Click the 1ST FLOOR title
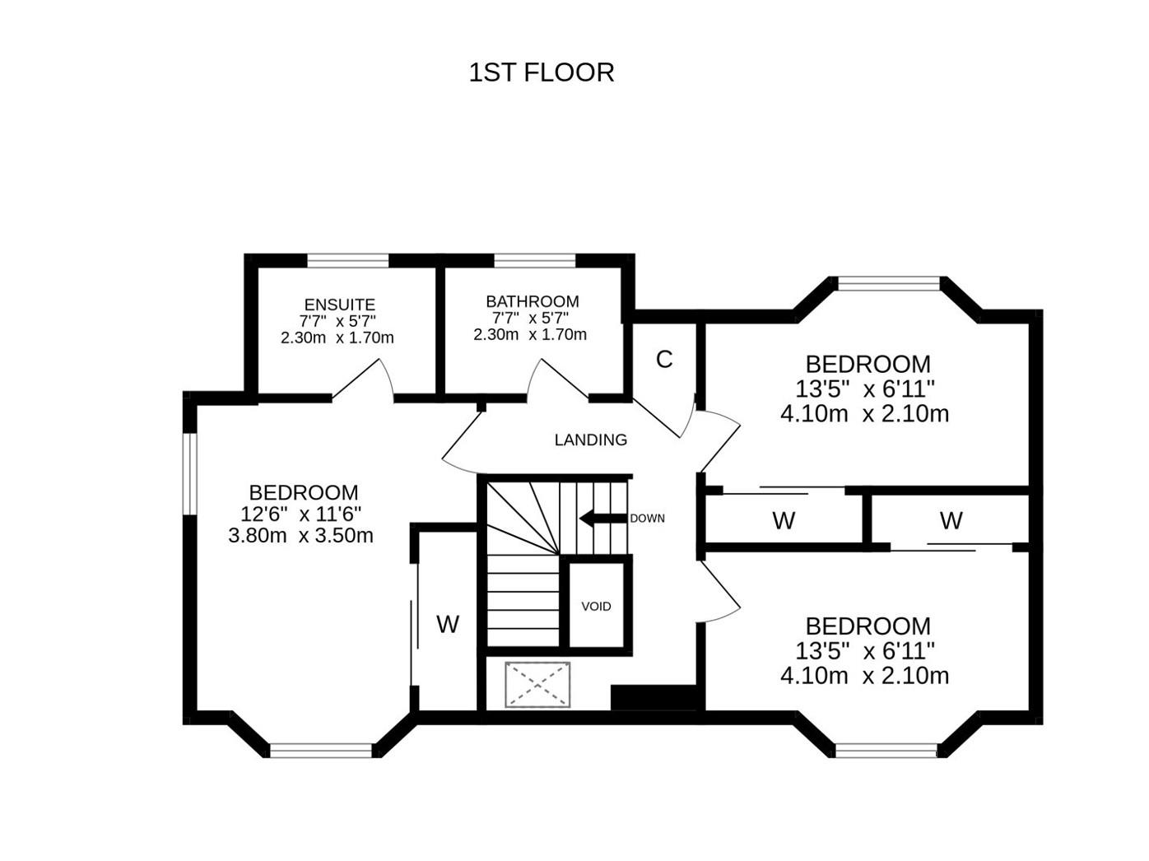(x=541, y=72)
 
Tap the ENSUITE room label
(x=339, y=305)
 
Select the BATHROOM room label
(x=532, y=301)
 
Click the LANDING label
(x=590, y=440)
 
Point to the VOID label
(x=596, y=607)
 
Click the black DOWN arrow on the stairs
(x=602, y=518)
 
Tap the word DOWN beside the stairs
(x=647, y=519)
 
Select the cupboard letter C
(x=663, y=360)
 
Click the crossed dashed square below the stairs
(x=537, y=684)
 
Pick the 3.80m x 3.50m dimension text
(x=300, y=536)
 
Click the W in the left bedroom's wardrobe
(x=447, y=625)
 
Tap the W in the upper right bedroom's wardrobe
(x=783, y=521)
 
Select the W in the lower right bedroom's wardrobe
(x=951, y=521)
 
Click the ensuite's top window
(x=347, y=261)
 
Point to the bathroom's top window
(x=534, y=261)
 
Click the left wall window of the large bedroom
(x=190, y=473)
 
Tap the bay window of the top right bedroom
(x=888, y=284)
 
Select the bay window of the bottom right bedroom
(x=886, y=750)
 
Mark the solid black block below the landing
(x=654, y=697)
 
